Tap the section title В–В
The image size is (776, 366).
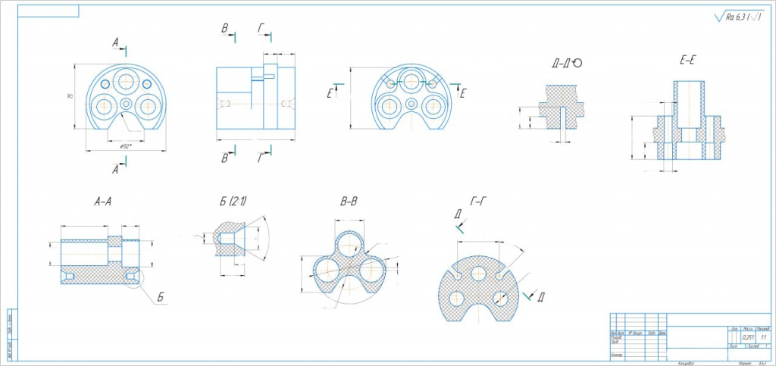tap(349, 202)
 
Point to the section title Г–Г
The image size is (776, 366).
tap(478, 202)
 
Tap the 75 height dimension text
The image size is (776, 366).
tap(69, 97)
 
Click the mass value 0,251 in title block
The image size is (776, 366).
tap(747, 337)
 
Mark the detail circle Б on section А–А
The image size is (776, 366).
tap(134, 279)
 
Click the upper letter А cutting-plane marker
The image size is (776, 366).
tap(115, 43)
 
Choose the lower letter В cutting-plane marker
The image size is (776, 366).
tap(224, 158)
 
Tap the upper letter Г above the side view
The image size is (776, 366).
tap(261, 29)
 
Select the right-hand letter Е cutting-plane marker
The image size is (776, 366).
tap(463, 93)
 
